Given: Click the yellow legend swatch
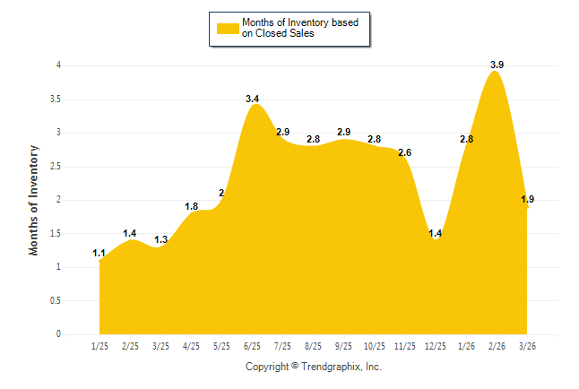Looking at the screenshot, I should (x=226, y=28).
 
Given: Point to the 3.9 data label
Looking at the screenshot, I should (x=497, y=65).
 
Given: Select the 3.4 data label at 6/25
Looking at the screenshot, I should (x=253, y=99).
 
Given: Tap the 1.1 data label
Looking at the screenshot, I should (x=99, y=254).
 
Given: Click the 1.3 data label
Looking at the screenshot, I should (x=161, y=239).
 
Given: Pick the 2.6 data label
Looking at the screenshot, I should (x=405, y=153).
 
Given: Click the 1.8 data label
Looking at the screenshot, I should (x=192, y=206).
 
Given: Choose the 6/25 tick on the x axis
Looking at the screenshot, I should (x=252, y=346).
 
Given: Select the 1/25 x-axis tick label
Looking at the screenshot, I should (x=99, y=346).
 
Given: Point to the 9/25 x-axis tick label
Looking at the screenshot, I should (x=343, y=346).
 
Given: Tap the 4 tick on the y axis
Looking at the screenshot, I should (x=58, y=65).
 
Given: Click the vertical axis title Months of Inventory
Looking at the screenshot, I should (x=34, y=200).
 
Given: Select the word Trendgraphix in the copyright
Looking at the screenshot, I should (x=331, y=367).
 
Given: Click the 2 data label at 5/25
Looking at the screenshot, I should (x=221, y=194).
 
